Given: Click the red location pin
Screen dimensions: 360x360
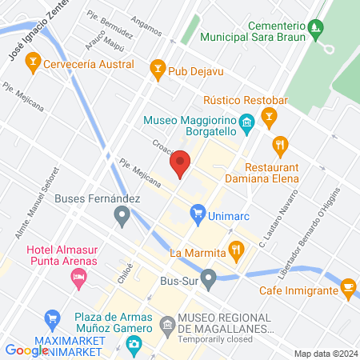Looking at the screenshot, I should click(180, 163).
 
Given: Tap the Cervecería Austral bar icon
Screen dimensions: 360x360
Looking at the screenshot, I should click(33, 60).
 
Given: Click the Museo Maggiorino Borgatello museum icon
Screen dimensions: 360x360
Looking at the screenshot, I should click(246, 122).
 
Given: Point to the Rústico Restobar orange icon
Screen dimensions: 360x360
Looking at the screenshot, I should click(270, 119).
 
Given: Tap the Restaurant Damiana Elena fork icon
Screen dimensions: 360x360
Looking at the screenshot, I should click(280, 146).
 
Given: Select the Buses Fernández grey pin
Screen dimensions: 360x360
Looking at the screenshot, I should click(122, 214).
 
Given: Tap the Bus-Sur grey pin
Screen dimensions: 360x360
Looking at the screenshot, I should click(209, 280).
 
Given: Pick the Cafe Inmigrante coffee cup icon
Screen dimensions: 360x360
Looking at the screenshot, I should click(348, 287).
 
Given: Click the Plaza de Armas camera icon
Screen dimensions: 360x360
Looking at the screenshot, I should click(134, 344).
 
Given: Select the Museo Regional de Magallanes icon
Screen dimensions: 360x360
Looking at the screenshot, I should click(167, 325).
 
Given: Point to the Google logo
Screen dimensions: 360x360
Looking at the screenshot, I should click(26, 350).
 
